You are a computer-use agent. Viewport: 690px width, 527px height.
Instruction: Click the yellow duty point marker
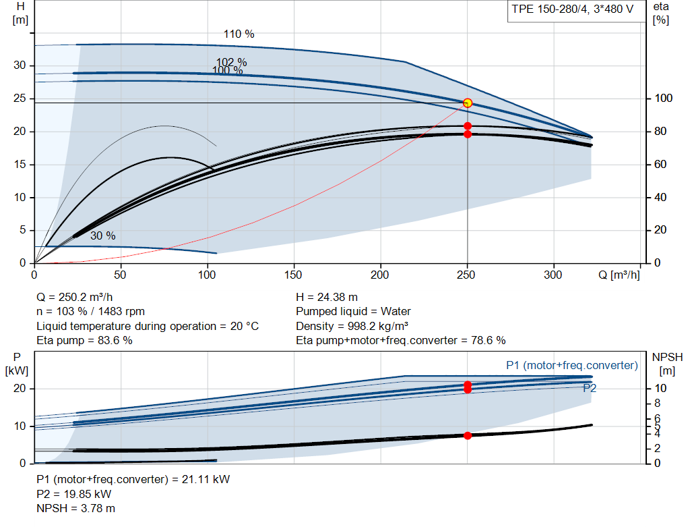point(468,103)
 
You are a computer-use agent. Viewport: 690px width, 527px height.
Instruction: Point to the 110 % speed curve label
point(239,34)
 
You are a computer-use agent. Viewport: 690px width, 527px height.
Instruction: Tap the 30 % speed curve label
point(103,235)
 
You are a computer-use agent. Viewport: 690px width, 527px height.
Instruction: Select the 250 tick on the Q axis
point(466,275)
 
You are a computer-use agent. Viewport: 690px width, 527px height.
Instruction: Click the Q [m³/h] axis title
point(619,275)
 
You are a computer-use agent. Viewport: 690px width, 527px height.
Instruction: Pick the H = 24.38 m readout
point(327,297)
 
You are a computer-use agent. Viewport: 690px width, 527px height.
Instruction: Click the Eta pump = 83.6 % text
point(84,340)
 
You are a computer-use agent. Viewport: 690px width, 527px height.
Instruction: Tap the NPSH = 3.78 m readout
point(75,508)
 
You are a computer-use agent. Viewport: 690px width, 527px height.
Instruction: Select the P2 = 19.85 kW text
point(74,494)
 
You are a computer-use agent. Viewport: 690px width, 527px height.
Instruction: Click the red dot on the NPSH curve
point(468,435)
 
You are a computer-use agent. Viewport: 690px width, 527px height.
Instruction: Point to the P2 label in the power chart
point(590,388)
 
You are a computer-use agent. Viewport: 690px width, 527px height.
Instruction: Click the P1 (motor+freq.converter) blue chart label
point(572,365)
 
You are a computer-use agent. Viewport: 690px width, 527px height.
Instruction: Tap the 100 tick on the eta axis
point(664,98)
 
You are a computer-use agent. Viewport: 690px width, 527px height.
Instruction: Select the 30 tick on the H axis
point(20,65)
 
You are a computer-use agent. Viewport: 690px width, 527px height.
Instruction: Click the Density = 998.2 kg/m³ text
point(352,326)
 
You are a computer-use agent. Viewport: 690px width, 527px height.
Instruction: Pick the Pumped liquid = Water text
point(353,312)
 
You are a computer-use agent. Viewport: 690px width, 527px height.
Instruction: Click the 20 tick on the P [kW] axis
point(20,388)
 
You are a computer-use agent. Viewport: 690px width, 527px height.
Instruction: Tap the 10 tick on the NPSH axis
point(660,388)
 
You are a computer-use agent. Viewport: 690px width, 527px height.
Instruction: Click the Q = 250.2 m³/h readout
point(75,297)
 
